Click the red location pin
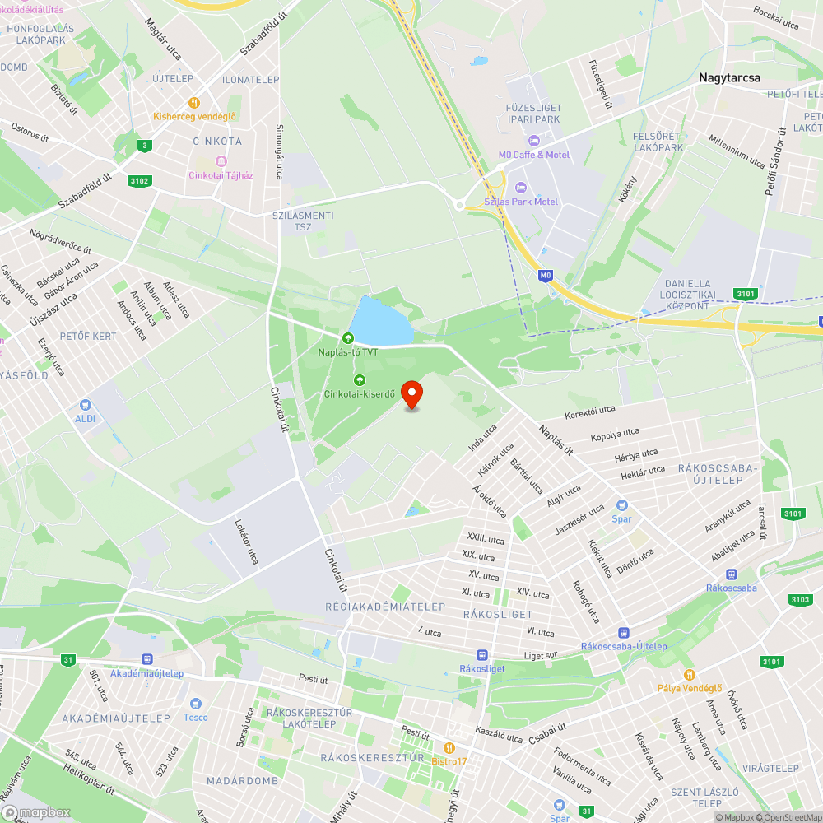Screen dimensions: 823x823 [411, 393]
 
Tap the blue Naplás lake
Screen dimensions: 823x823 [379, 322]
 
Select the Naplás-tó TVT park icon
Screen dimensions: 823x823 [348, 337]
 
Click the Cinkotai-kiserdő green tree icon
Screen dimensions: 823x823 [359, 379]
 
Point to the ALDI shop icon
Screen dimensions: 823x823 [85, 405]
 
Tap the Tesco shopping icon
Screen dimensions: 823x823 [195, 704]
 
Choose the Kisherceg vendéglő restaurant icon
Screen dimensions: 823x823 [194, 103]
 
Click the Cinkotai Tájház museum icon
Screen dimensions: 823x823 [220, 161]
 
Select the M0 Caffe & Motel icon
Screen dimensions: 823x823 [534, 141]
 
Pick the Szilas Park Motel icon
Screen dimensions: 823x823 [519, 188]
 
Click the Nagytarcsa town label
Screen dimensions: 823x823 [729, 77]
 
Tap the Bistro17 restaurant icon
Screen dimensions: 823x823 [449, 747]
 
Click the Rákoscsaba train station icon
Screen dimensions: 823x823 [732, 574]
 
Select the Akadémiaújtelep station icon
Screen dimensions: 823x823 [147, 659]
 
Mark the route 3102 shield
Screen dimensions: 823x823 [139, 181]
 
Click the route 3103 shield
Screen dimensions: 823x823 [799, 599]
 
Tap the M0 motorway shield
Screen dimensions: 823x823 [545, 276]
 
